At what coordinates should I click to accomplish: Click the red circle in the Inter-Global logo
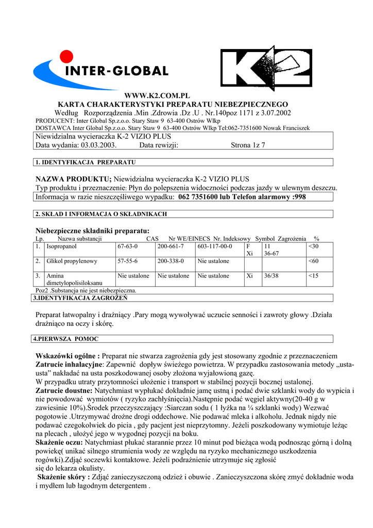[x=65, y=56]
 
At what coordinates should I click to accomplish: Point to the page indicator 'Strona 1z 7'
[x=248, y=145]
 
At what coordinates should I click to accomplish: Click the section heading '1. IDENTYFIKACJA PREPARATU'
[x=85, y=162]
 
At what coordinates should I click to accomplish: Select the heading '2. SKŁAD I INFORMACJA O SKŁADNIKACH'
[x=101, y=214]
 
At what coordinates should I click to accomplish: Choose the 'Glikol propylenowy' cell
[x=72, y=261]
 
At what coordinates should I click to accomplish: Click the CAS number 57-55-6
[x=128, y=261]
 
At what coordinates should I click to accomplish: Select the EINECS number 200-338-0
[x=171, y=261]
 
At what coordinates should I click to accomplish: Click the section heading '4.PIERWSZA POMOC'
[x=65, y=339]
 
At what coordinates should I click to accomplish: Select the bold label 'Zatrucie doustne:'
[x=64, y=391]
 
